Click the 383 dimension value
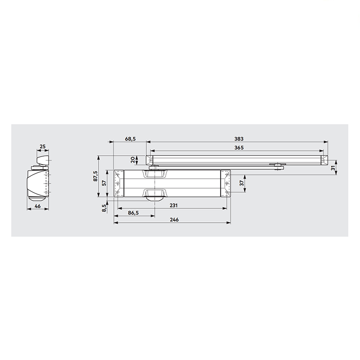coord(239,139)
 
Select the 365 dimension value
coord(239,148)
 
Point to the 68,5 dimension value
coord(130,139)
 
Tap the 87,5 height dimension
coord(95,176)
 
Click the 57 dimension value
coord(104,183)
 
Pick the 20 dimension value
coord(133,160)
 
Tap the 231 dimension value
coord(174,205)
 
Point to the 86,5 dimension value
coord(133,213)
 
